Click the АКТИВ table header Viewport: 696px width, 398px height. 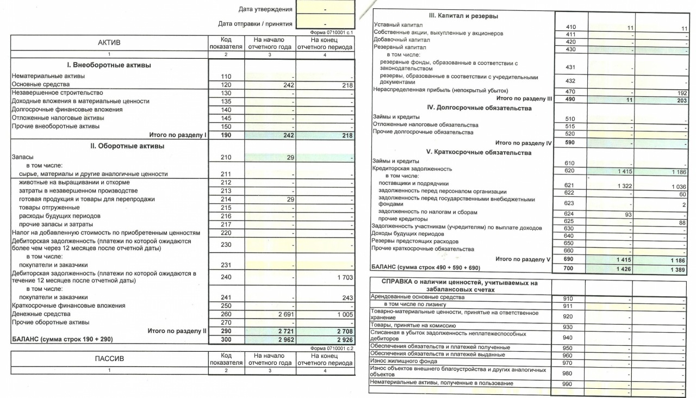click(109, 43)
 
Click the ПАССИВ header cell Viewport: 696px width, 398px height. click(109, 359)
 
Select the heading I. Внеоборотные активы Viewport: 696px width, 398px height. click(109, 65)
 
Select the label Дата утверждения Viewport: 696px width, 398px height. click(265, 9)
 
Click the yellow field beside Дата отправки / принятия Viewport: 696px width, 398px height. click(325, 23)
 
